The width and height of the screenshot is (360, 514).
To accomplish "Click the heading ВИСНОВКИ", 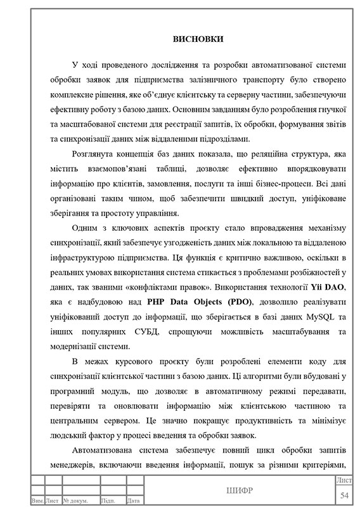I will coord(197,39).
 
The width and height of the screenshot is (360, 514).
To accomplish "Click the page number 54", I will coord(345,494).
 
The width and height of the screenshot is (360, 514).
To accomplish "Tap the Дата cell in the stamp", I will coord(133,501).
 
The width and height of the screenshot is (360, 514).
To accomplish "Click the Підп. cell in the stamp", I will coord(108,501).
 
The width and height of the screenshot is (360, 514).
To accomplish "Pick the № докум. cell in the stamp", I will coord(75,501).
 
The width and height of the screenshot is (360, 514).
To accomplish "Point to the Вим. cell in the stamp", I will coord(37,501).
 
